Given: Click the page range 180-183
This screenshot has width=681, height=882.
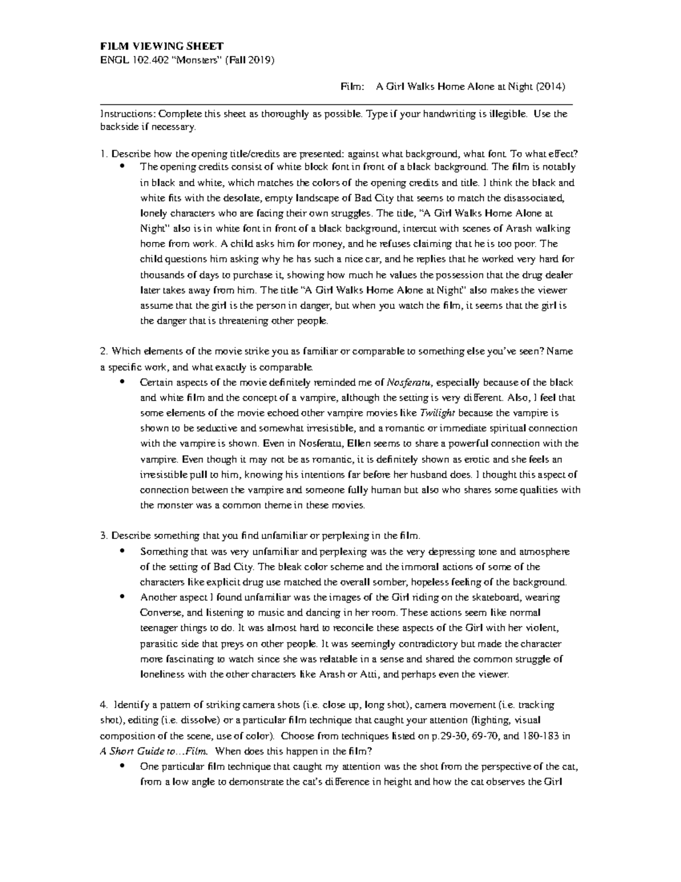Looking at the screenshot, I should pyautogui.click(x=541, y=736).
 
